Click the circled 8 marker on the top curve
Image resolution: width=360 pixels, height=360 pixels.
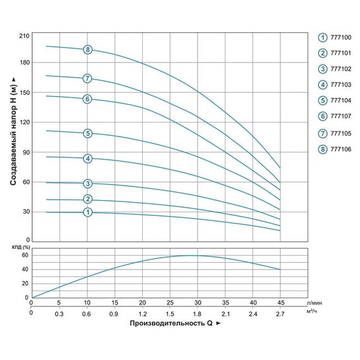click(x=88, y=49)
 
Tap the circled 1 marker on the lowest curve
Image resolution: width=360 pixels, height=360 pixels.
click(x=88, y=212)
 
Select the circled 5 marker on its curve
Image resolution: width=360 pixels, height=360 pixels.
click(x=88, y=133)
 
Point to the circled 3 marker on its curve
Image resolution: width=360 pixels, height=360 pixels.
click(x=88, y=184)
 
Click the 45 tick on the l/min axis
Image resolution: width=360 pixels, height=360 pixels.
click(x=280, y=303)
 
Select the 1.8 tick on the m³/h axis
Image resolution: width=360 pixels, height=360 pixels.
click(x=197, y=313)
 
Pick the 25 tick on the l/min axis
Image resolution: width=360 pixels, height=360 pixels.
click(x=169, y=303)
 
